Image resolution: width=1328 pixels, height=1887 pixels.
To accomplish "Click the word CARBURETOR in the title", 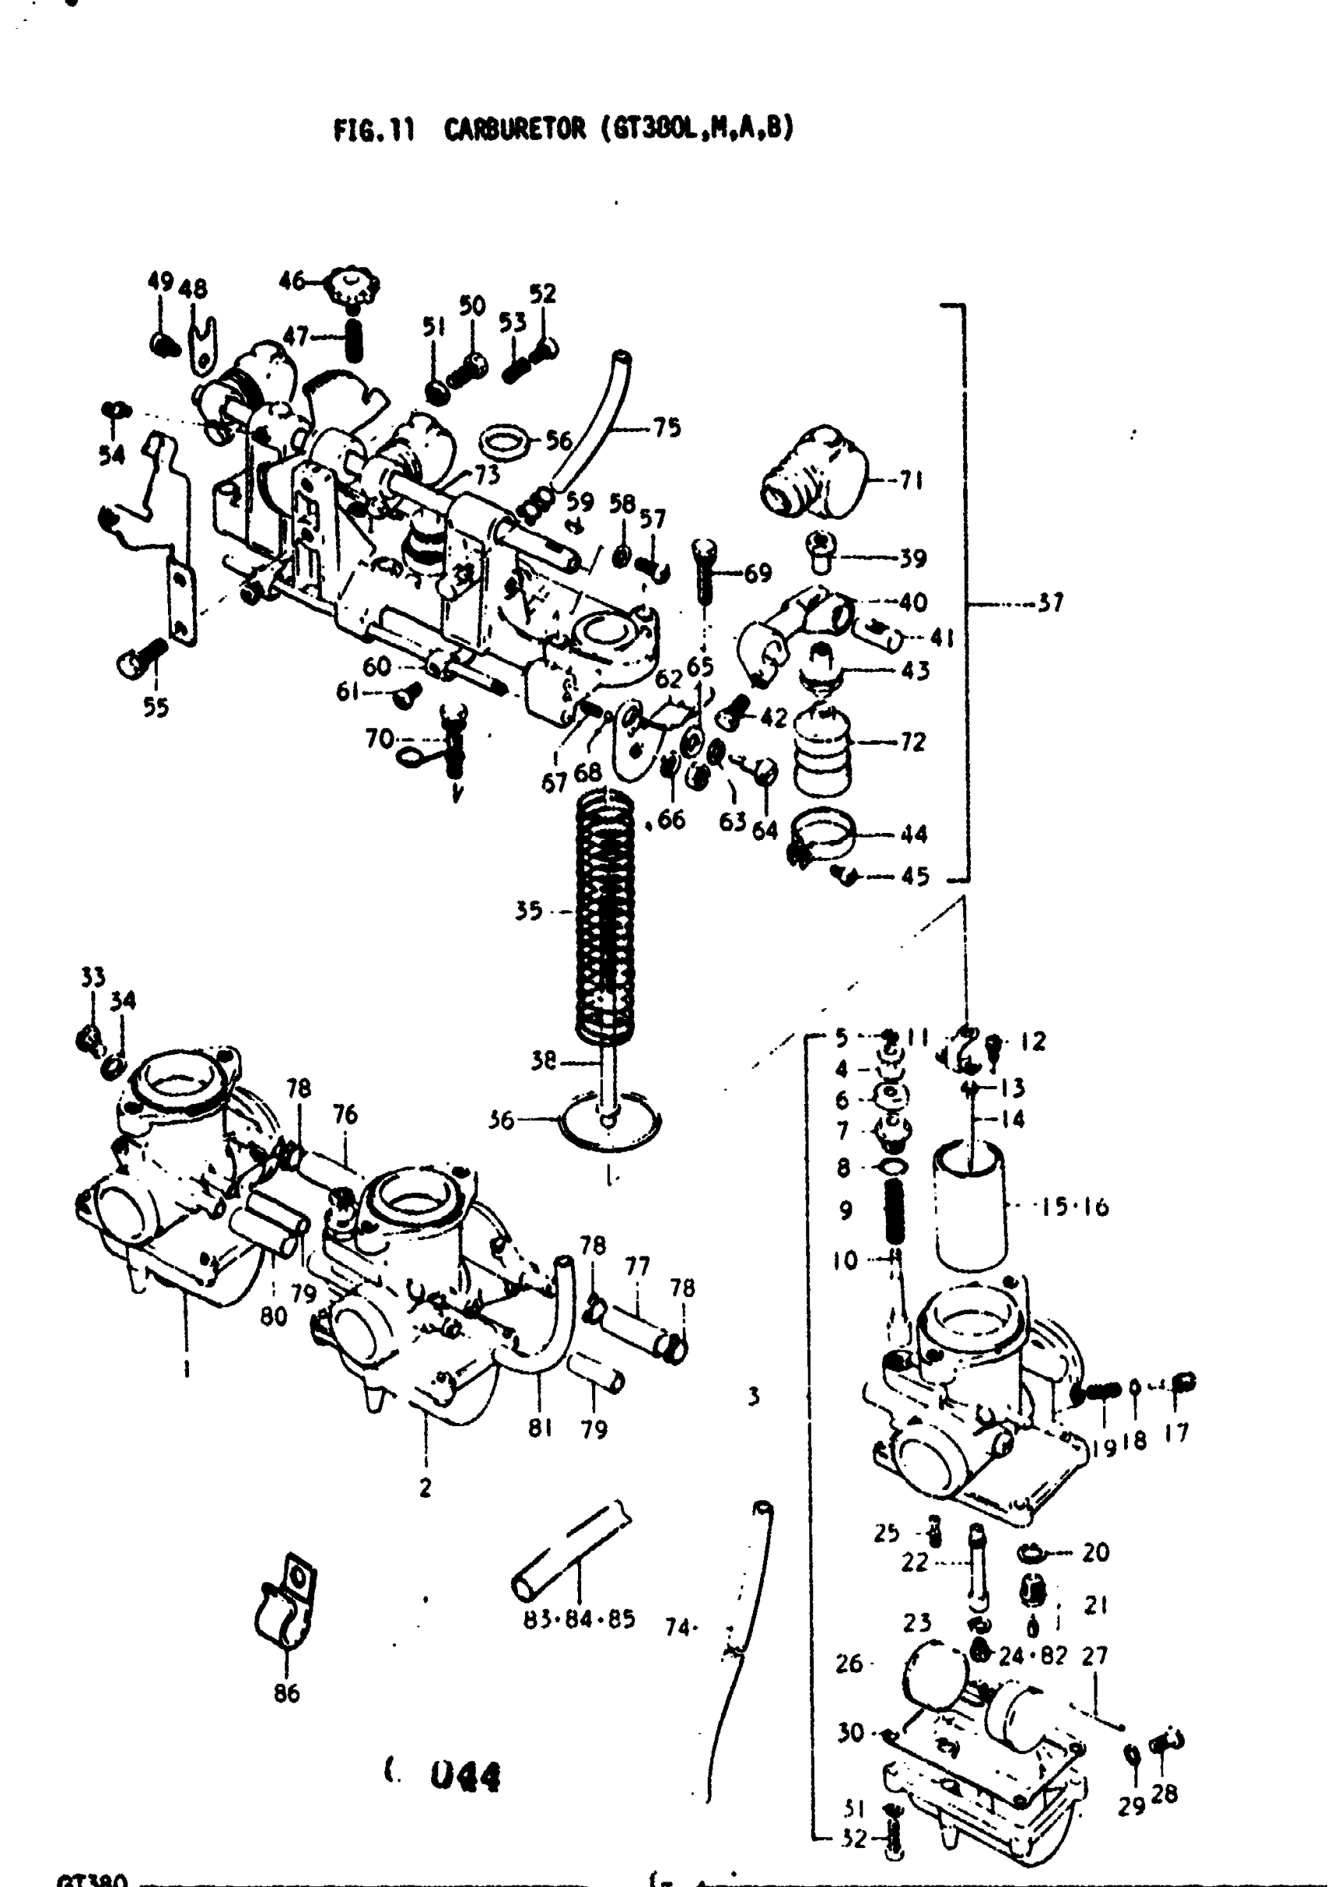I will [516, 130].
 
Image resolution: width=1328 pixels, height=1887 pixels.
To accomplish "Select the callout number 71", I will [911, 480].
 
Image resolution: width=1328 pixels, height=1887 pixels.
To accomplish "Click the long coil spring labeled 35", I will [605, 913].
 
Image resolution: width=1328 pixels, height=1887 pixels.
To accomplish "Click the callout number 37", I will [1049, 603].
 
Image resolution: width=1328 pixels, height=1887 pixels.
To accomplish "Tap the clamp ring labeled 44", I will [823, 835].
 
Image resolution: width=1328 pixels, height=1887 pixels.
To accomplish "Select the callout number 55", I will [155, 707].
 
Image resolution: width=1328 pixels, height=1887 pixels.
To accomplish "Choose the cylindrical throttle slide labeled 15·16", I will [969, 1205].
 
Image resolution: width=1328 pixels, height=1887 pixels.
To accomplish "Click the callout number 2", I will [425, 1488].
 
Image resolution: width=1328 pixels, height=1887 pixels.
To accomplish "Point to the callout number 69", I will [758, 573].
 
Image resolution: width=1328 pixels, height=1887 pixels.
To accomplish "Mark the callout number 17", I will [1176, 1432].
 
